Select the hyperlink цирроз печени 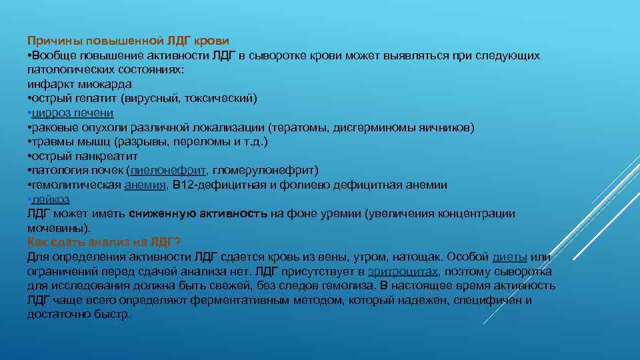tap(73, 113)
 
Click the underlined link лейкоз tap(51, 199)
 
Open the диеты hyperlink tap(510, 257)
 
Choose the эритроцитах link tap(403, 271)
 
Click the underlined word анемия tap(145, 185)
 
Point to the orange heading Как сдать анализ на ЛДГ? tap(104, 242)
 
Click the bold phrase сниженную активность tap(199, 214)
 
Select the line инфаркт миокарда tap(79, 84)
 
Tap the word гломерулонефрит tap(263, 170)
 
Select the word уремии tap(339, 214)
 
